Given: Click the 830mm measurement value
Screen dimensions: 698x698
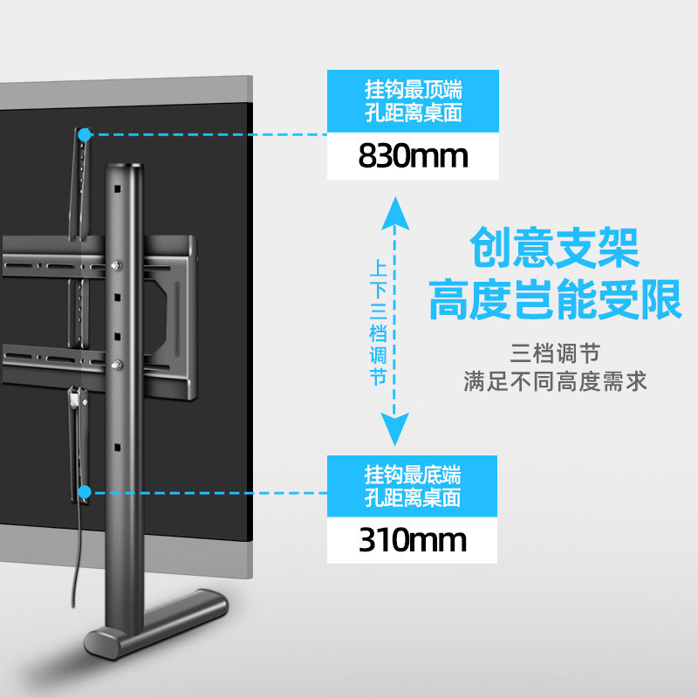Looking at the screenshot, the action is pyautogui.click(x=413, y=156).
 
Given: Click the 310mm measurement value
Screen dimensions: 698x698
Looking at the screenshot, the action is pyautogui.click(x=413, y=540).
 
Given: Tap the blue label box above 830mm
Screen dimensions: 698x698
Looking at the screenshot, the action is pyautogui.click(x=413, y=101).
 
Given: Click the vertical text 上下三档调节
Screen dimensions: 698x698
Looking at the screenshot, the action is pyautogui.click(x=378, y=321).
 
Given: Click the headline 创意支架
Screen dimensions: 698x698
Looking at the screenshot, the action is pyautogui.click(x=555, y=248).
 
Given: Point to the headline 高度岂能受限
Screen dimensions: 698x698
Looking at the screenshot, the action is pyautogui.click(x=555, y=299).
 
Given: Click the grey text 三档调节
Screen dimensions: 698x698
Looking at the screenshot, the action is pyautogui.click(x=555, y=355).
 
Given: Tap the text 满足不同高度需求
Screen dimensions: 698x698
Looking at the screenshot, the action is pyautogui.click(x=555, y=381).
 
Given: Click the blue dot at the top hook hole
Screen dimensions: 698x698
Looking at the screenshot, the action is pyautogui.click(x=85, y=135).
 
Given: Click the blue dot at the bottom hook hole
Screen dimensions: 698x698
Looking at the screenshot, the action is pyautogui.click(x=85, y=494).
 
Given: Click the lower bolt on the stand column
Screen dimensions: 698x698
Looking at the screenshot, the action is pyautogui.click(x=117, y=362).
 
